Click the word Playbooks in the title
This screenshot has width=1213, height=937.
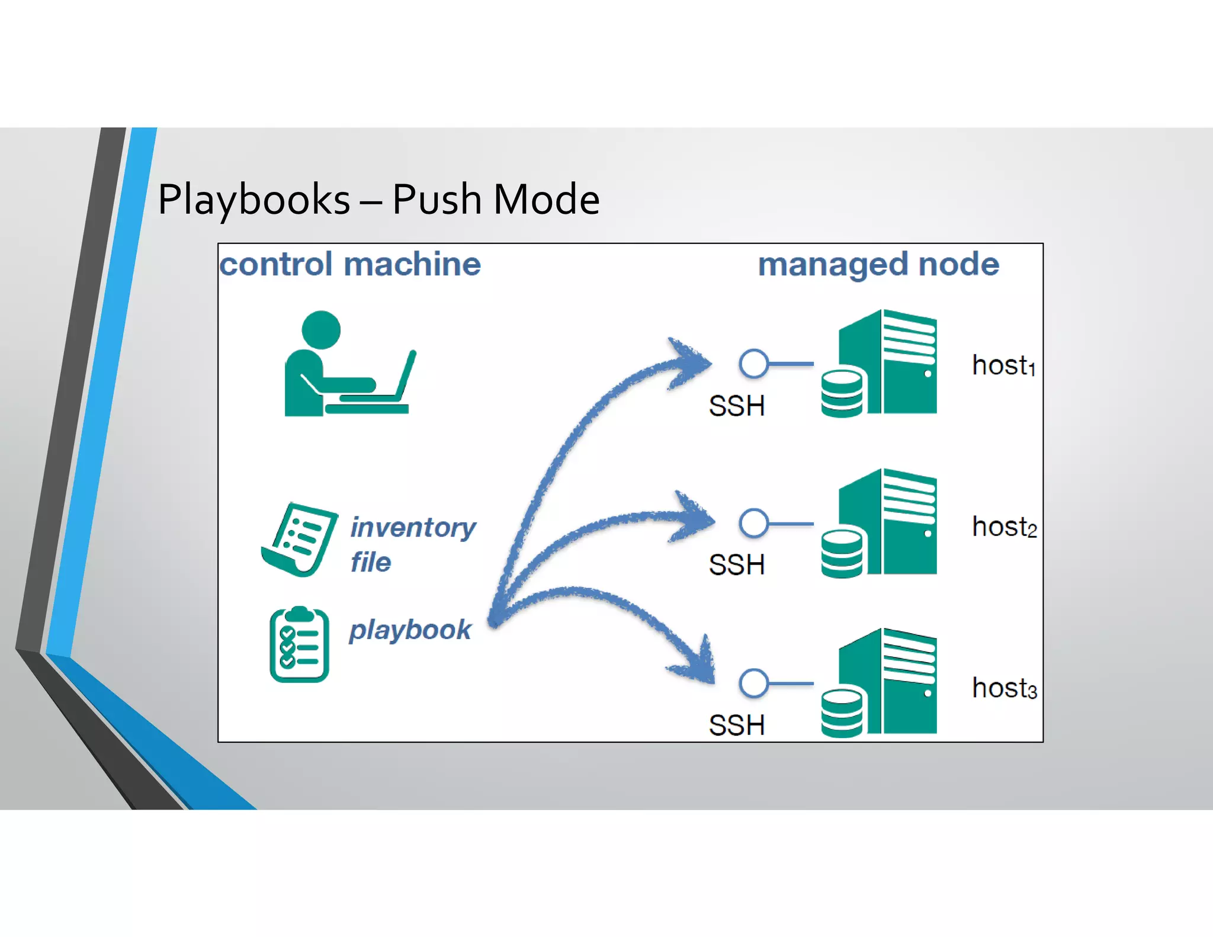(x=253, y=200)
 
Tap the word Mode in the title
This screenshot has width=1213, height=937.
(x=546, y=200)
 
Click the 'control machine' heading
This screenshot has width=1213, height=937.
(x=350, y=264)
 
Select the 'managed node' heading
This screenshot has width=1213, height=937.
(x=878, y=264)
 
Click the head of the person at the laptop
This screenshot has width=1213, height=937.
(x=321, y=330)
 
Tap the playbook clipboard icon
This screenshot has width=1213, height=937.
(x=299, y=645)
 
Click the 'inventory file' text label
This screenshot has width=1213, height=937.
(x=412, y=543)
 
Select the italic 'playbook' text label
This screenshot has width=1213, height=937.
(x=410, y=630)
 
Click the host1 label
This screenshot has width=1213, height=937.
(x=1003, y=365)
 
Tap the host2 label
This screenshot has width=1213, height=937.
(x=1004, y=527)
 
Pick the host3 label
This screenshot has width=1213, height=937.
(x=1004, y=688)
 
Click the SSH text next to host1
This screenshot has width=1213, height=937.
(x=736, y=406)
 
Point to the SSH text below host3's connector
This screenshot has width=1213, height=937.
(x=736, y=726)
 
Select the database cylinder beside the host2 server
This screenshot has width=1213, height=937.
(x=842, y=553)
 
